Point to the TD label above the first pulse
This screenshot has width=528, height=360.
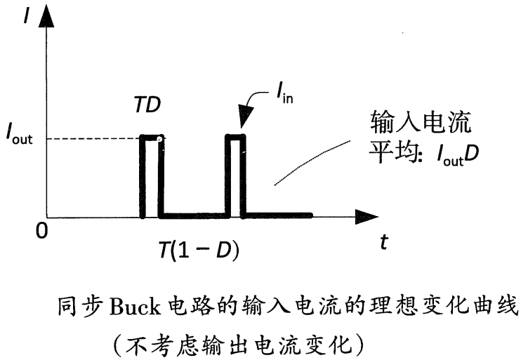[x=148, y=107]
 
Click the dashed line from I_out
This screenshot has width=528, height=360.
[x=91, y=138]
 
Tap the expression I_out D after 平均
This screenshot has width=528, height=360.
[x=449, y=155]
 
